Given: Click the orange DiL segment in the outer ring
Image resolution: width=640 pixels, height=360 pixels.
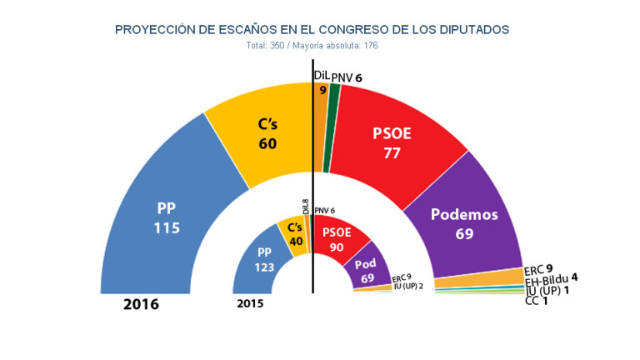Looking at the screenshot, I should pos(321,125).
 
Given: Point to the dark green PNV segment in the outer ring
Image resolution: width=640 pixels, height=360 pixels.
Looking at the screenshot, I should pos(334,125).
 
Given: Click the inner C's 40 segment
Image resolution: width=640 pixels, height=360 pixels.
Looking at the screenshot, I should pos(292,234).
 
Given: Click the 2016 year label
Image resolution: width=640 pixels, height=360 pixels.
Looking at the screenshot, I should pos(141,305).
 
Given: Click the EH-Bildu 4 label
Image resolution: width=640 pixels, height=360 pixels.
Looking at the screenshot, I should pos(552,280).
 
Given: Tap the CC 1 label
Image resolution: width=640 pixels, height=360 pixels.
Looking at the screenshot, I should pos(537,301).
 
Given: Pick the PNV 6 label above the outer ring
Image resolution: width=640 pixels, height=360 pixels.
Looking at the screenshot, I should pos(347,77).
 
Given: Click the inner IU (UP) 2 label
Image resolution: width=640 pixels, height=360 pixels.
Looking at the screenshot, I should pos(408,287).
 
